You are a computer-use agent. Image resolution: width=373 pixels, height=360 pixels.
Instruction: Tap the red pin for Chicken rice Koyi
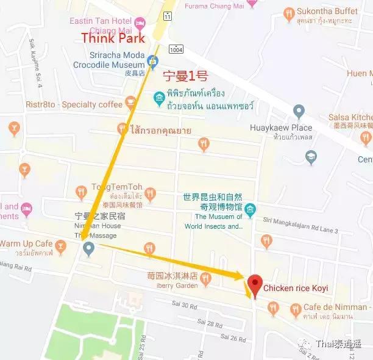[255, 284]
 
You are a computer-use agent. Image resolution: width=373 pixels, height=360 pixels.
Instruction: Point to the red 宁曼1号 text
[187, 77]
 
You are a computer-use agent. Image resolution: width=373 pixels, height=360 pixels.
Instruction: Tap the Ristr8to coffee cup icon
[130, 103]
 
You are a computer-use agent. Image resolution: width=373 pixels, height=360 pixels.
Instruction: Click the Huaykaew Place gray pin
[299, 112]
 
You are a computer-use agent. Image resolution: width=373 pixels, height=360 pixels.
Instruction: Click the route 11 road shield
[168, 15]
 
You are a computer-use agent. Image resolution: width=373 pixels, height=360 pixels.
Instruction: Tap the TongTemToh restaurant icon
[81, 193]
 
